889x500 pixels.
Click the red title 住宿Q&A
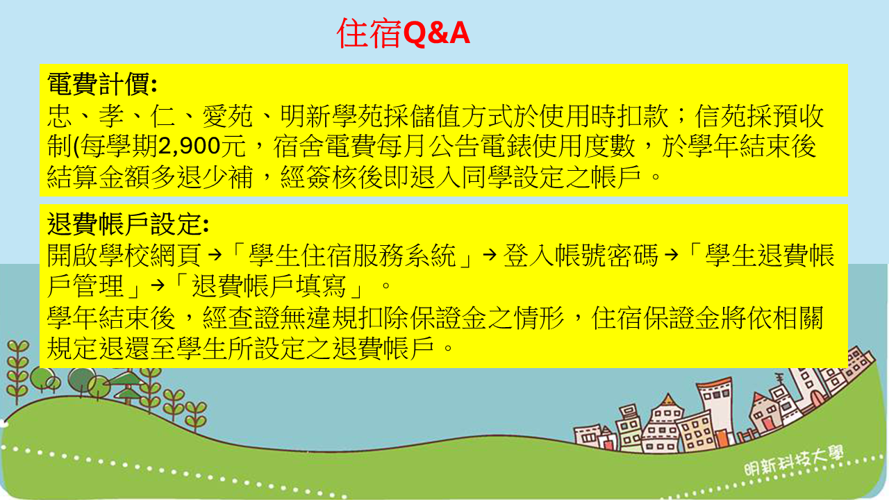404,33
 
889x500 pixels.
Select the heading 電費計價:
102,84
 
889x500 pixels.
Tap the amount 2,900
190,146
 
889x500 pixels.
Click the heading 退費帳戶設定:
128,224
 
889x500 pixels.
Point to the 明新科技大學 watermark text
794,462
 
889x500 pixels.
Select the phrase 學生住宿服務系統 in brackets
352,255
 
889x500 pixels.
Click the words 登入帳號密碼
581,255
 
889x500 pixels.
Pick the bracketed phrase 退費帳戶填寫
269,285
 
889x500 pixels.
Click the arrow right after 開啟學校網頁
215,255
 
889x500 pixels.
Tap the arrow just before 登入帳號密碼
490,255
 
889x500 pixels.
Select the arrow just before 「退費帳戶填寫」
158,285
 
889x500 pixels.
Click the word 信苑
720,116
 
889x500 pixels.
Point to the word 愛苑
228,116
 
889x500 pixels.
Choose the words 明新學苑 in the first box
332,116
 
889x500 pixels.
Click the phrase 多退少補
201,176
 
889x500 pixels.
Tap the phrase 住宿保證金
656,317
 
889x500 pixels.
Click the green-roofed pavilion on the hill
128,387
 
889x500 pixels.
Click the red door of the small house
768,423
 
